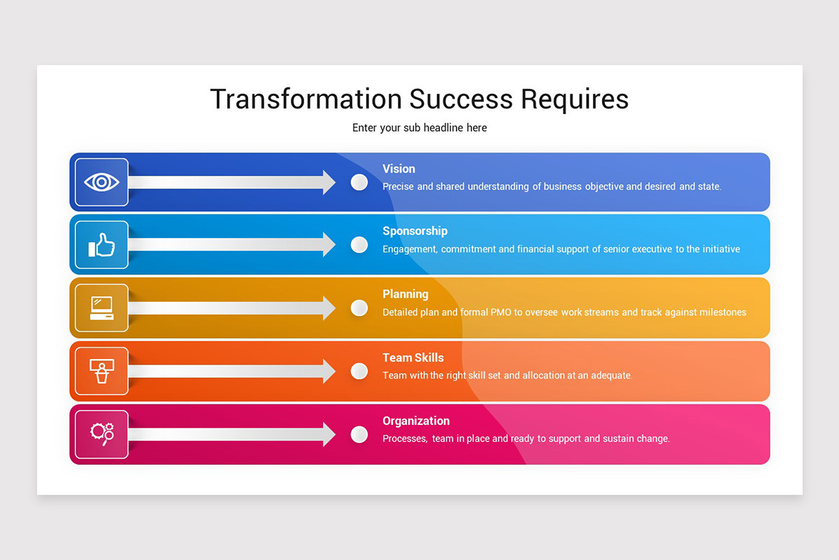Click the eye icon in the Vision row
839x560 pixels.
click(101, 182)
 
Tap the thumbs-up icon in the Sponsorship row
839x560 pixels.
click(101, 245)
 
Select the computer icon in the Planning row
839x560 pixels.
click(101, 308)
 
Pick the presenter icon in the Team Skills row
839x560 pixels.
click(101, 371)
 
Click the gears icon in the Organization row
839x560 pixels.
click(101, 434)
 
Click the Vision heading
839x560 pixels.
click(399, 169)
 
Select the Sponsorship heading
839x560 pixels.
click(415, 231)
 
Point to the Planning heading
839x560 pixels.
click(406, 294)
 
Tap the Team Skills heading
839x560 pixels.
click(413, 358)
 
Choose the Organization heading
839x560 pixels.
click(416, 421)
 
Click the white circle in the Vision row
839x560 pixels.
click(359, 182)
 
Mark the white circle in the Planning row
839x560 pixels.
click(359, 308)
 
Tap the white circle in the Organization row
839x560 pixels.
click(359, 435)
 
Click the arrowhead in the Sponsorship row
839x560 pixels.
click(329, 245)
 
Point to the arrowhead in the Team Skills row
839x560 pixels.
click(329, 371)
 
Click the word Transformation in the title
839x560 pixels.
click(306, 99)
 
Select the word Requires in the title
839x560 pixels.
click(574, 99)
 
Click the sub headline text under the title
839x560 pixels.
click(419, 127)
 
